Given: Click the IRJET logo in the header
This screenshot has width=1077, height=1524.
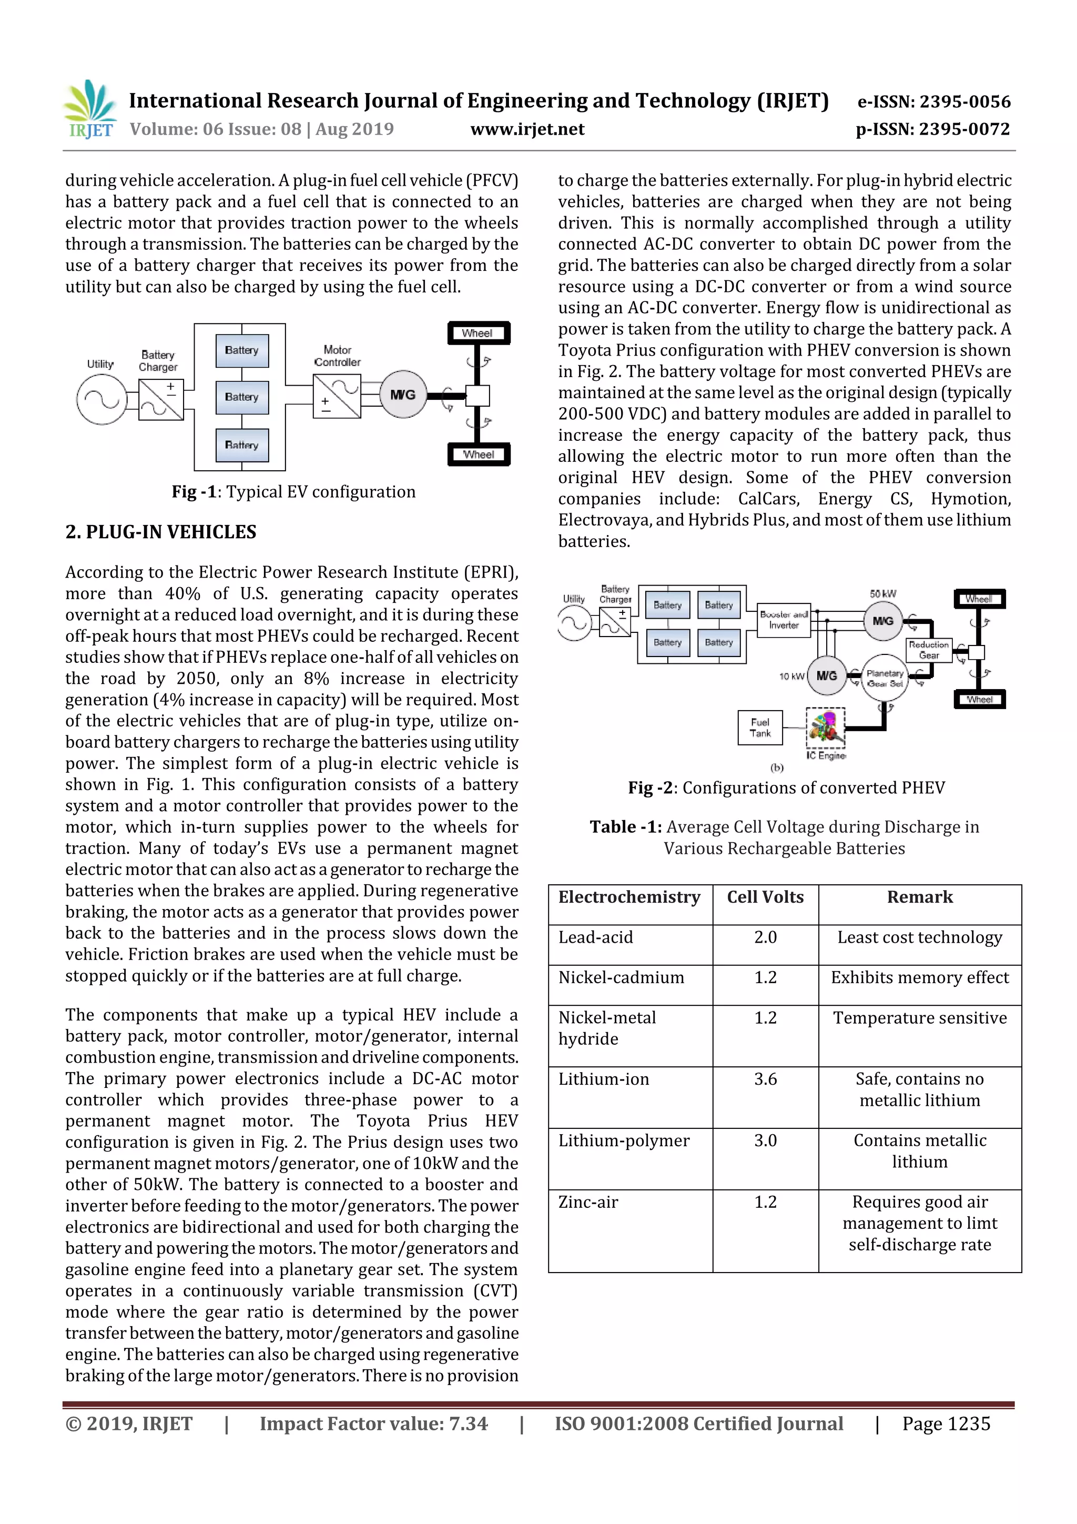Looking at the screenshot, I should pyautogui.click(x=89, y=109).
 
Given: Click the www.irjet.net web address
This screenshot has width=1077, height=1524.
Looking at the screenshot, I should pyautogui.click(x=527, y=129).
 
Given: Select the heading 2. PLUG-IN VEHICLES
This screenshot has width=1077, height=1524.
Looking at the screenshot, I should pyautogui.click(x=160, y=532).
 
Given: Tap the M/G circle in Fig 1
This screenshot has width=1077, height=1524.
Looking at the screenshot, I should pyautogui.click(x=403, y=394).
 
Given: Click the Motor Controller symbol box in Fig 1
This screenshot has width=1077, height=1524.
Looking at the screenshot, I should pyautogui.click(x=337, y=396).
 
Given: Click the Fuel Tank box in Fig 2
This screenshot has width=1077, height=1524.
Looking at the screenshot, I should pyautogui.click(x=760, y=728).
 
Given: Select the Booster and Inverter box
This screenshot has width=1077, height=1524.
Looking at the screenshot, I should pyautogui.click(x=784, y=620).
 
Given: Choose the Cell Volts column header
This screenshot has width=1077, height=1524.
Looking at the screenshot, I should pyautogui.click(x=765, y=897).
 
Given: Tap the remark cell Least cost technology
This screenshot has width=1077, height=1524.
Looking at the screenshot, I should pyautogui.click(x=919, y=937).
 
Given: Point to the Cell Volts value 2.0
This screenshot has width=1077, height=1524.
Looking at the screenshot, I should pyautogui.click(x=765, y=937).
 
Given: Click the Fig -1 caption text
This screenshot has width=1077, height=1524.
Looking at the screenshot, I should pyautogui.click(x=293, y=492).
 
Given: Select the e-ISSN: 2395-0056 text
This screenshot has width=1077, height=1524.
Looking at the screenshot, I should pyautogui.click(x=933, y=102).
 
